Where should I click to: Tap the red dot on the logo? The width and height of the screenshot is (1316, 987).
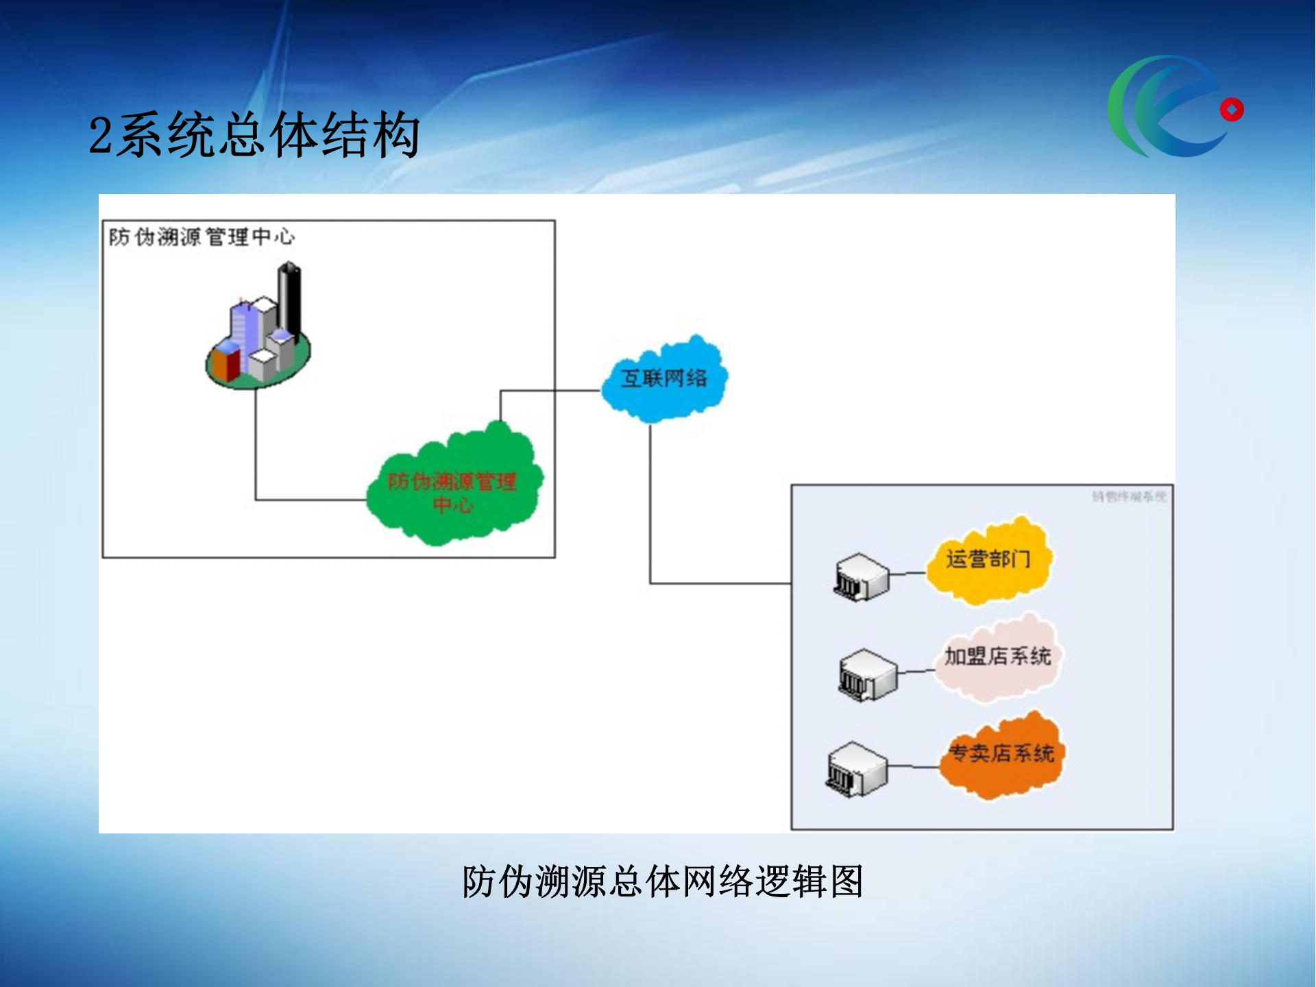pyautogui.click(x=1231, y=110)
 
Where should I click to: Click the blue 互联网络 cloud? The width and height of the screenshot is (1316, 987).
pyautogui.click(x=663, y=379)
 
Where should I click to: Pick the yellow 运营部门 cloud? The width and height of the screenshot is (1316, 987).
pyautogui.click(x=988, y=561)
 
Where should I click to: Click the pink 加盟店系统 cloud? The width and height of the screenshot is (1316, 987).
pyautogui.click(x=997, y=658)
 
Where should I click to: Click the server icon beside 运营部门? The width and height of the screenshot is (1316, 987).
pyautogui.click(x=861, y=578)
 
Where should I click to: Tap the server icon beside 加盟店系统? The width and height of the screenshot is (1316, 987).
pyautogui.click(x=868, y=675)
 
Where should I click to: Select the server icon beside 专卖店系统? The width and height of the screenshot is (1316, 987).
pyautogui.click(x=857, y=770)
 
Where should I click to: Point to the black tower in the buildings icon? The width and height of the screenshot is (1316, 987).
pyautogui.click(x=289, y=298)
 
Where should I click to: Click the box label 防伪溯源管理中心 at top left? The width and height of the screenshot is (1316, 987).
pyautogui.click(x=202, y=237)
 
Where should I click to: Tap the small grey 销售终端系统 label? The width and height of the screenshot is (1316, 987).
pyautogui.click(x=1128, y=496)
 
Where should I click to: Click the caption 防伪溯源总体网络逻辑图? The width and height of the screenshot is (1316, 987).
pyautogui.click(x=662, y=881)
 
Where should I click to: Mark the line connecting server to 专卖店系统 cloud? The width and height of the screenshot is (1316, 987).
pyautogui.click(x=914, y=767)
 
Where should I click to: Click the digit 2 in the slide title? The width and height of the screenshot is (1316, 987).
pyautogui.click(x=100, y=136)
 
